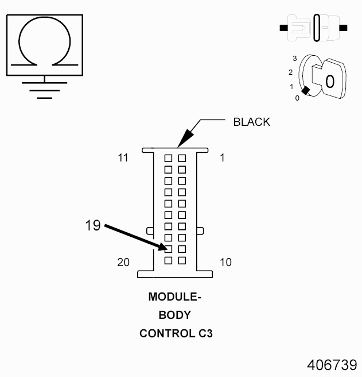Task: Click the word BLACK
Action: pos(251,122)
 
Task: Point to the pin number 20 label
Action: pos(123,263)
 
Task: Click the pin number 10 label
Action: pos(225,263)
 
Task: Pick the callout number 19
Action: pos(92,226)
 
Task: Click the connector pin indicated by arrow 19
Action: pos(169,249)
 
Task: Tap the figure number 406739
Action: pos(332,366)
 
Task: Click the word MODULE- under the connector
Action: pos(175,297)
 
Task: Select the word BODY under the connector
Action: pos(174,315)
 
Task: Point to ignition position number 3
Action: pos(294,59)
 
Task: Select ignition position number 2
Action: pos(291,72)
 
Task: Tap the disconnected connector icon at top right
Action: pos(313,28)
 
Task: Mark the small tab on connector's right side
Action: pos(201,231)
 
